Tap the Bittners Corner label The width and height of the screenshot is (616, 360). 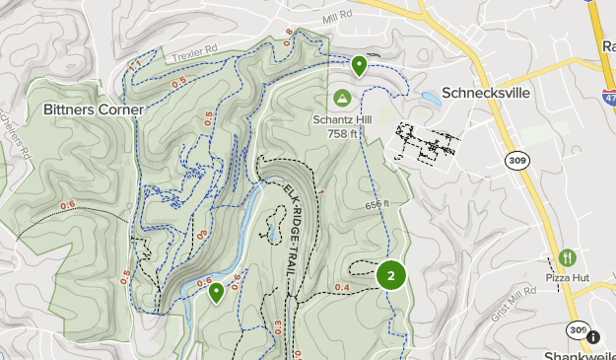(x=94, y=108)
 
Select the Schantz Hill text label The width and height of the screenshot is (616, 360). (x=342, y=118)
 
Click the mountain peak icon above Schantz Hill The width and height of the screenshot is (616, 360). (x=342, y=98)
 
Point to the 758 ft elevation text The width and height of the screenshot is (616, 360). (x=343, y=132)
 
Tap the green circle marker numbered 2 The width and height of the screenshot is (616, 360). (x=391, y=275)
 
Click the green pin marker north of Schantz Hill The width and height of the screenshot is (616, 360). (x=360, y=66)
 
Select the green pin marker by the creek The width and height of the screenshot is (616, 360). (x=217, y=292)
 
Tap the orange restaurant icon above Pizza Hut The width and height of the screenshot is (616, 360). (x=567, y=258)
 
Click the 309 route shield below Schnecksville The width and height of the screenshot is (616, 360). (x=516, y=159)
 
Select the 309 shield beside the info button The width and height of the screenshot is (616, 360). (x=577, y=332)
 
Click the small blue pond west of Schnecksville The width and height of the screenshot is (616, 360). (x=431, y=99)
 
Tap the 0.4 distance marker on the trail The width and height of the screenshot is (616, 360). (x=342, y=287)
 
